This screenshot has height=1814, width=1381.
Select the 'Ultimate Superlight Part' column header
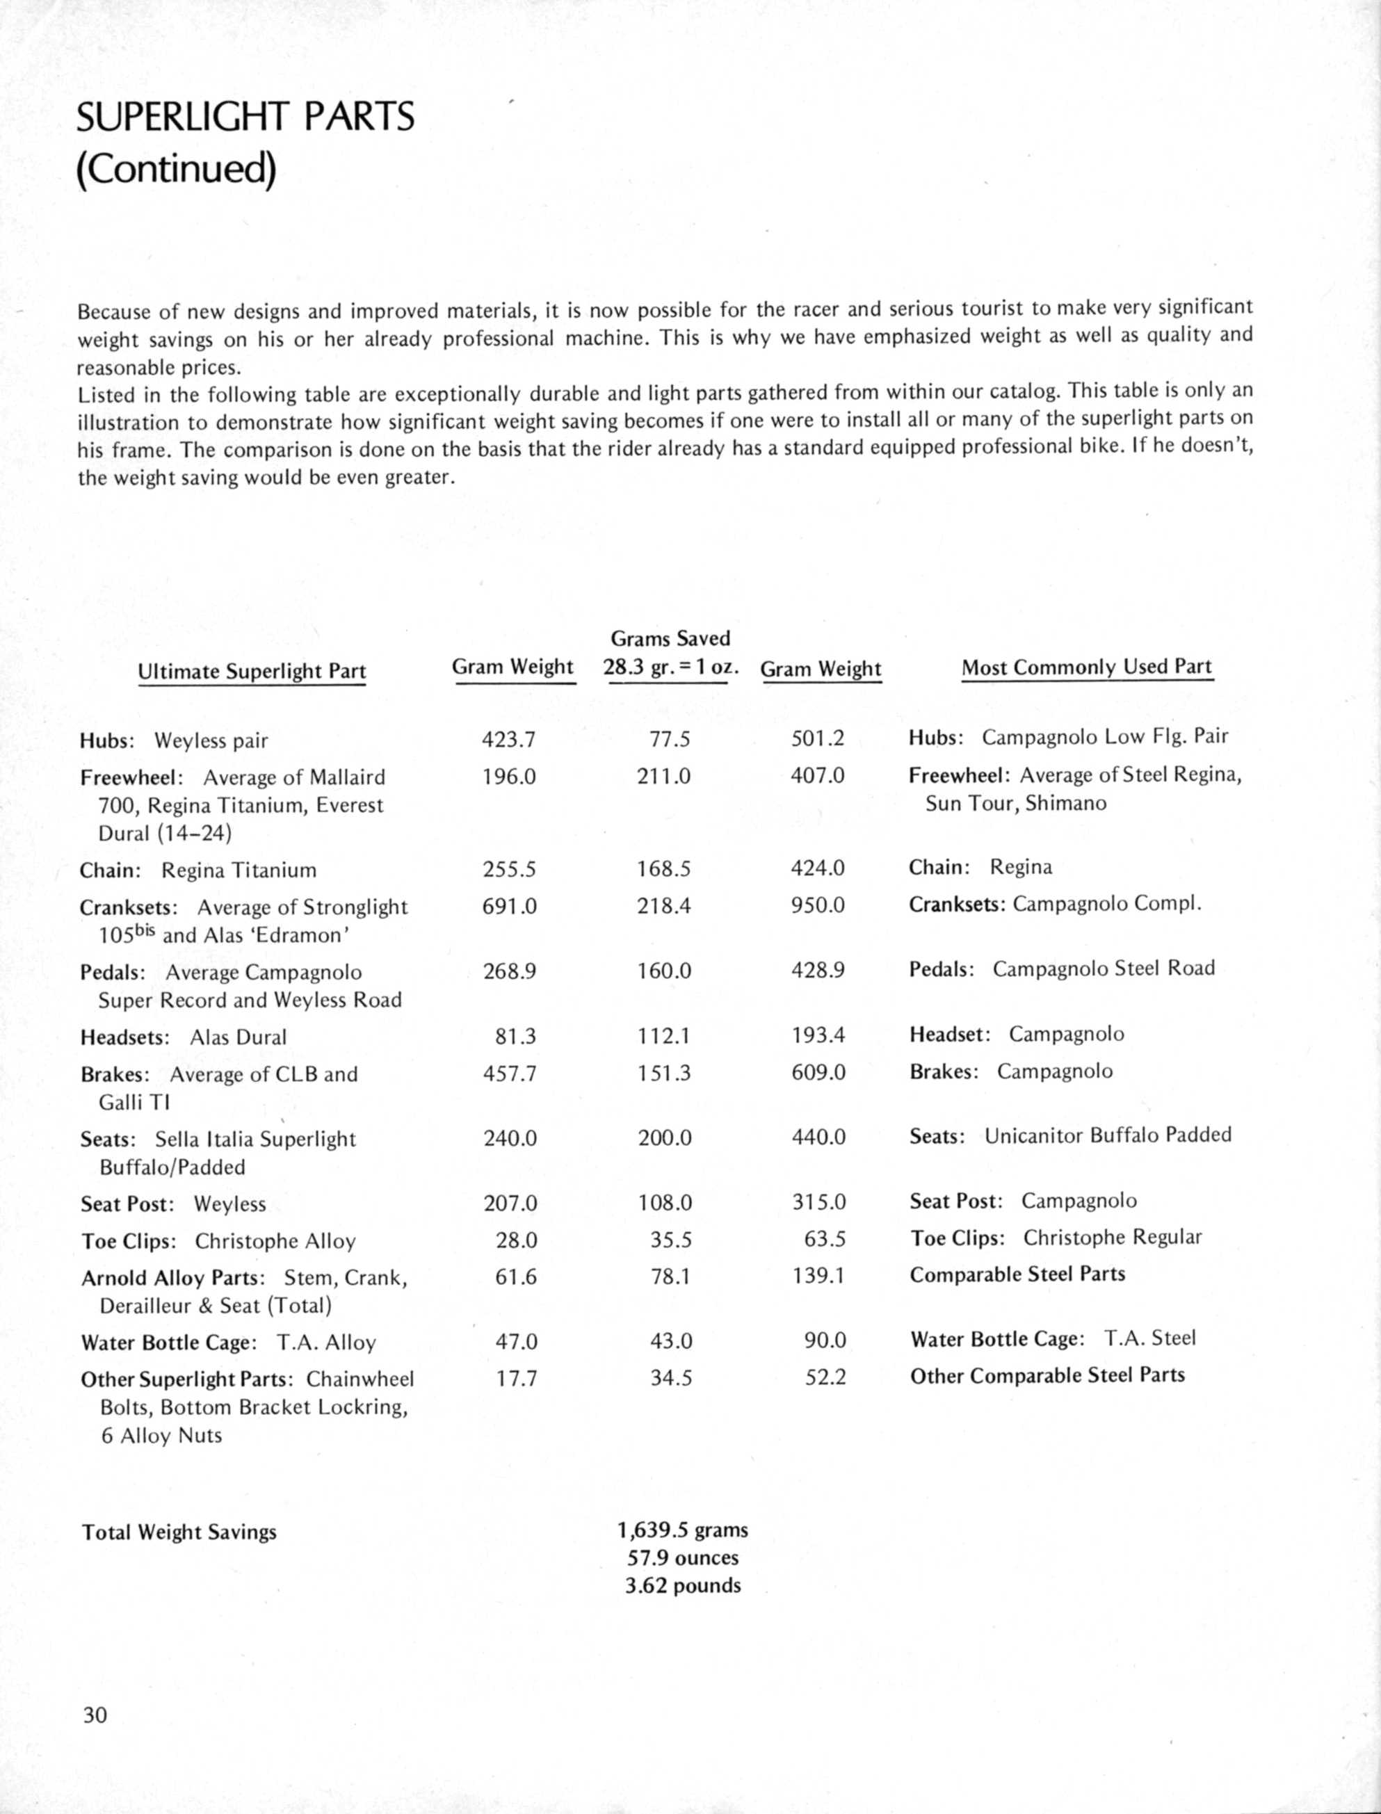[x=252, y=672]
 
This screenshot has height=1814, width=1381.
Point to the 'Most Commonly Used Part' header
[x=1087, y=667]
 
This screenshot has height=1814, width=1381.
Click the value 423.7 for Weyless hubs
[x=509, y=740]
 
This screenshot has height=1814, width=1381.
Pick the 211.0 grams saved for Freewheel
[x=663, y=776]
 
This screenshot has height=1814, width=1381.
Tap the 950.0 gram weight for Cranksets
[x=818, y=905]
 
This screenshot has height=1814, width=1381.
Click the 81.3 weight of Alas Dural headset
[x=515, y=1037]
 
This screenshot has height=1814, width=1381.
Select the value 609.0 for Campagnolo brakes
[x=818, y=1073]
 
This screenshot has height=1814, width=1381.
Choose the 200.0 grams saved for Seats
[x=664, y=1137]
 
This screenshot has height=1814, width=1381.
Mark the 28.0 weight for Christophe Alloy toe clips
[x=516, y=1240]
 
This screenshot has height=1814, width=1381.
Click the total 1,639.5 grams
[x=682, y=1530]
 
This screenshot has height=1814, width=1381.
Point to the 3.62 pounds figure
[x=682, y=1585]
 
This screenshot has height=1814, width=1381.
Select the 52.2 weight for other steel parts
[x=825, y=1377]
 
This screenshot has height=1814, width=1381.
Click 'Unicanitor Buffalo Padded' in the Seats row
[x=1108, y=1135]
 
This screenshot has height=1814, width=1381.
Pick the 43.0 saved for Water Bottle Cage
[x=671, y=1341]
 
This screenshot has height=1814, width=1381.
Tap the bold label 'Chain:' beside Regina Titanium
[x=110, y=870]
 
